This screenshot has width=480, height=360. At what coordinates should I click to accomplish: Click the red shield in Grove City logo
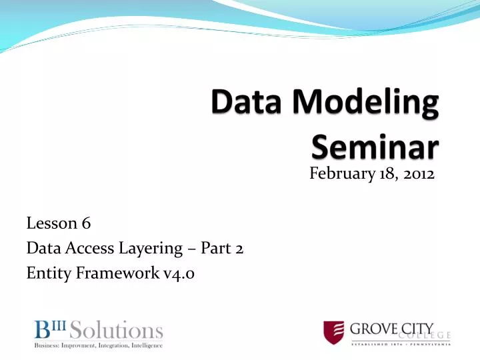(333, 333)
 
